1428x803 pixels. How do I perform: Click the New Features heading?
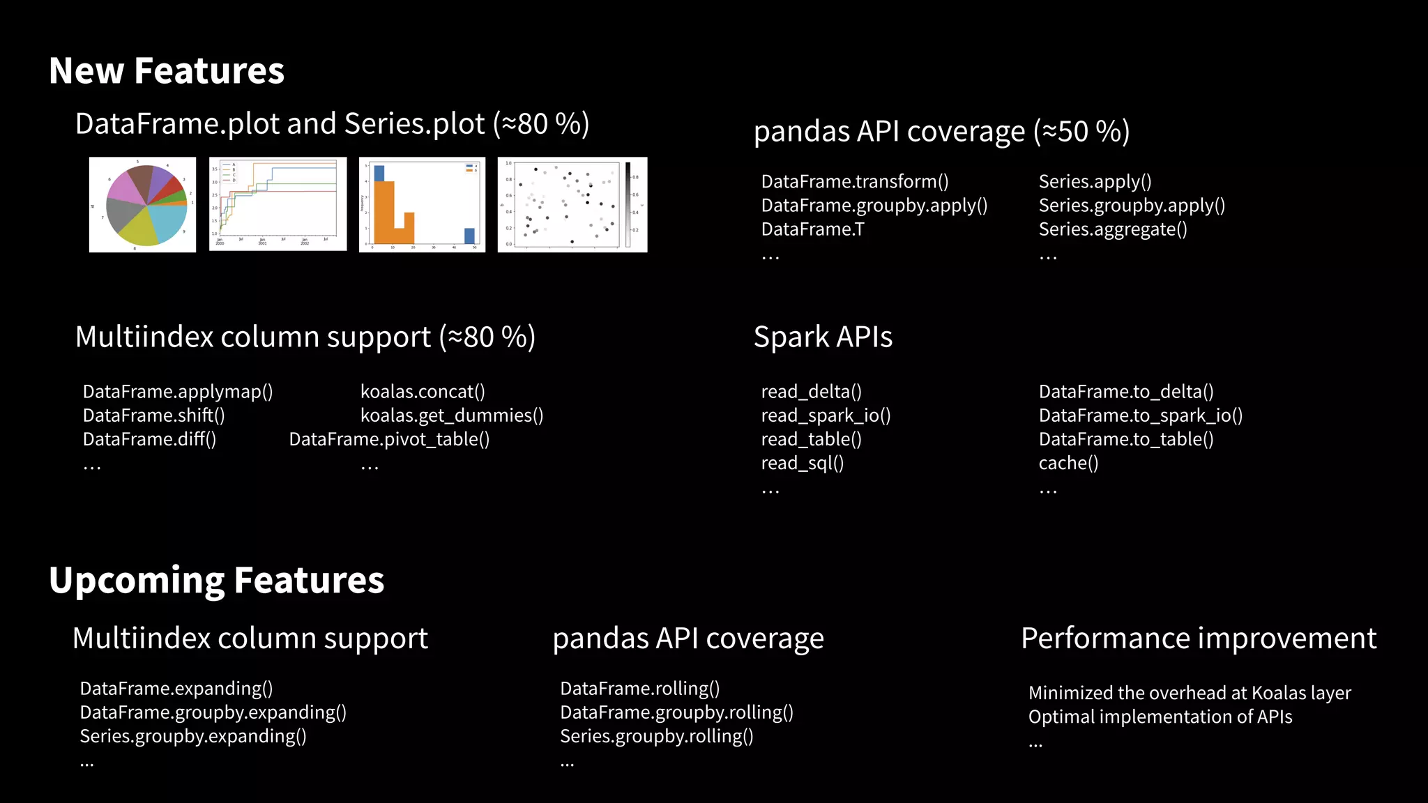click(167, 71)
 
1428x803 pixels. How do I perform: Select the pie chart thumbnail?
click(143, 204)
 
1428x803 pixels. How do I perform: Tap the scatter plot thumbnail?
click(572, 204)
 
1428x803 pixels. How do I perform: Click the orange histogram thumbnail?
click(422, 204)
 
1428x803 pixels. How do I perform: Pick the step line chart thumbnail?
click(278, 204)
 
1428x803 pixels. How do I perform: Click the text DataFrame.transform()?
click(855, 182)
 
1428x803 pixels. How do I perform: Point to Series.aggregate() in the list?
click(1113, 229)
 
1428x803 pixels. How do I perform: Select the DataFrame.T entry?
click(812, 229)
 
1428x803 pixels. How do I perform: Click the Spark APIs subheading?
click(823, 337)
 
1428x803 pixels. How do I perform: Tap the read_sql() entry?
click(803, 464)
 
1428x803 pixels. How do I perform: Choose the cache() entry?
click(1068, 464)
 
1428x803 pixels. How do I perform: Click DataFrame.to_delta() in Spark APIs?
click(1126, 392)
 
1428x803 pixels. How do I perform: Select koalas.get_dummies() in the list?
click(452, 415)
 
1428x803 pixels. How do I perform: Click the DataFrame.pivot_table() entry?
click(389, 439)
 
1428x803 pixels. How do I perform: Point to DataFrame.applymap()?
click(178, 392)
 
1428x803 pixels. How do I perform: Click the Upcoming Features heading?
click(216, 580)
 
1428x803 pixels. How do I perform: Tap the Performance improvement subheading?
click(1199, 638)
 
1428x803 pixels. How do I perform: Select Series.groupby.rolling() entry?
click(657, 736)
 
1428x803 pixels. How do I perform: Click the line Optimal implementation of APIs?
click(1160, 717)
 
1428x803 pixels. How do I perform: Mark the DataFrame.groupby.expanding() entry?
click(213, 712)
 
